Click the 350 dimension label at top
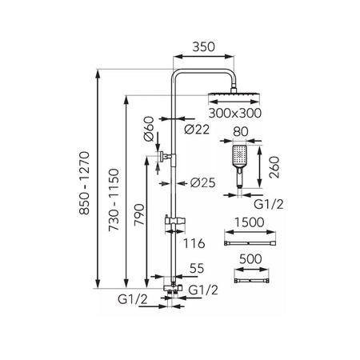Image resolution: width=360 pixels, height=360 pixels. pos(203,47)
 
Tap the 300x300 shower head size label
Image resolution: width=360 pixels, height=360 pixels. pos(235,113)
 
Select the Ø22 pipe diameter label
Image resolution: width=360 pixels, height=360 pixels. pos(197,130)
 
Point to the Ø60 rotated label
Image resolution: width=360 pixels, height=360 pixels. pos(149,129)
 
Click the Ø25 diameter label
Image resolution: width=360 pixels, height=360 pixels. pos(202,183)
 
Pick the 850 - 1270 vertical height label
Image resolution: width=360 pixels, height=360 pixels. pos(85,183)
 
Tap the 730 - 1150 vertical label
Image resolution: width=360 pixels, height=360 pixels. pos(114,200)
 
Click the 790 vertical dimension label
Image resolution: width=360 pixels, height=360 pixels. pos(139,214)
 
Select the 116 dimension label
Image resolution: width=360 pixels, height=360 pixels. pos(194,243)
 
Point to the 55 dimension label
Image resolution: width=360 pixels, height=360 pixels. pos(197,268)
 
